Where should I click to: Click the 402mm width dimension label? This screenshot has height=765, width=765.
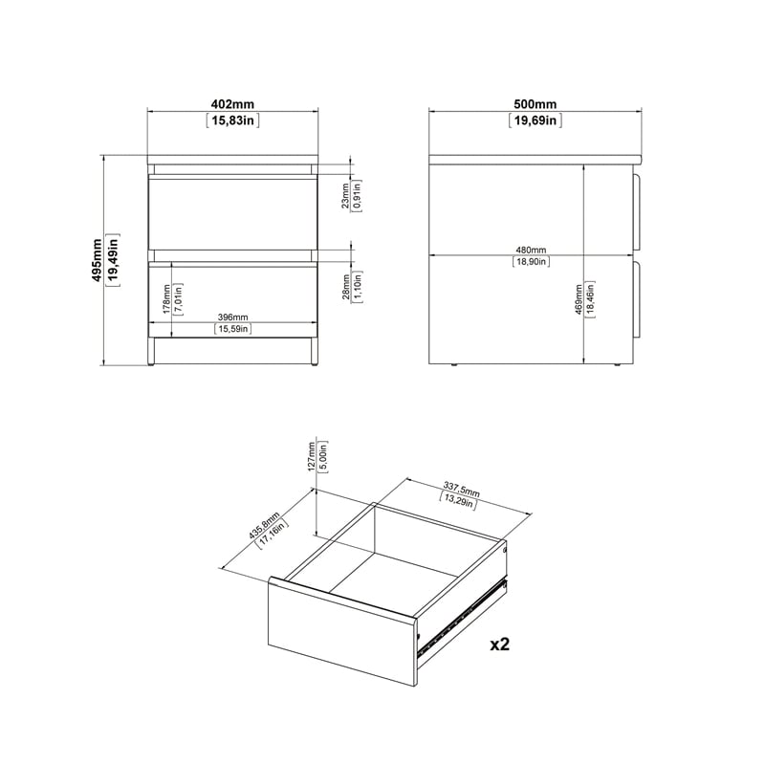pos(233,103)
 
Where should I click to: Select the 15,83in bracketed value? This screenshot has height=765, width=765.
pos(233,120)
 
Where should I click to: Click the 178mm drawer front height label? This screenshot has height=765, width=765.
pos(166,300)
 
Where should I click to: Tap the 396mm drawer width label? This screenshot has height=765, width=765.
pos(232,317)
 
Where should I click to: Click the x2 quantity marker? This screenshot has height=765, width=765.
pos(499,645)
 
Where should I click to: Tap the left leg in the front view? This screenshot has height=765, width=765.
pos(152,351)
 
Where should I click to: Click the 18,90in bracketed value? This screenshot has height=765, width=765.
pos(531,261)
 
